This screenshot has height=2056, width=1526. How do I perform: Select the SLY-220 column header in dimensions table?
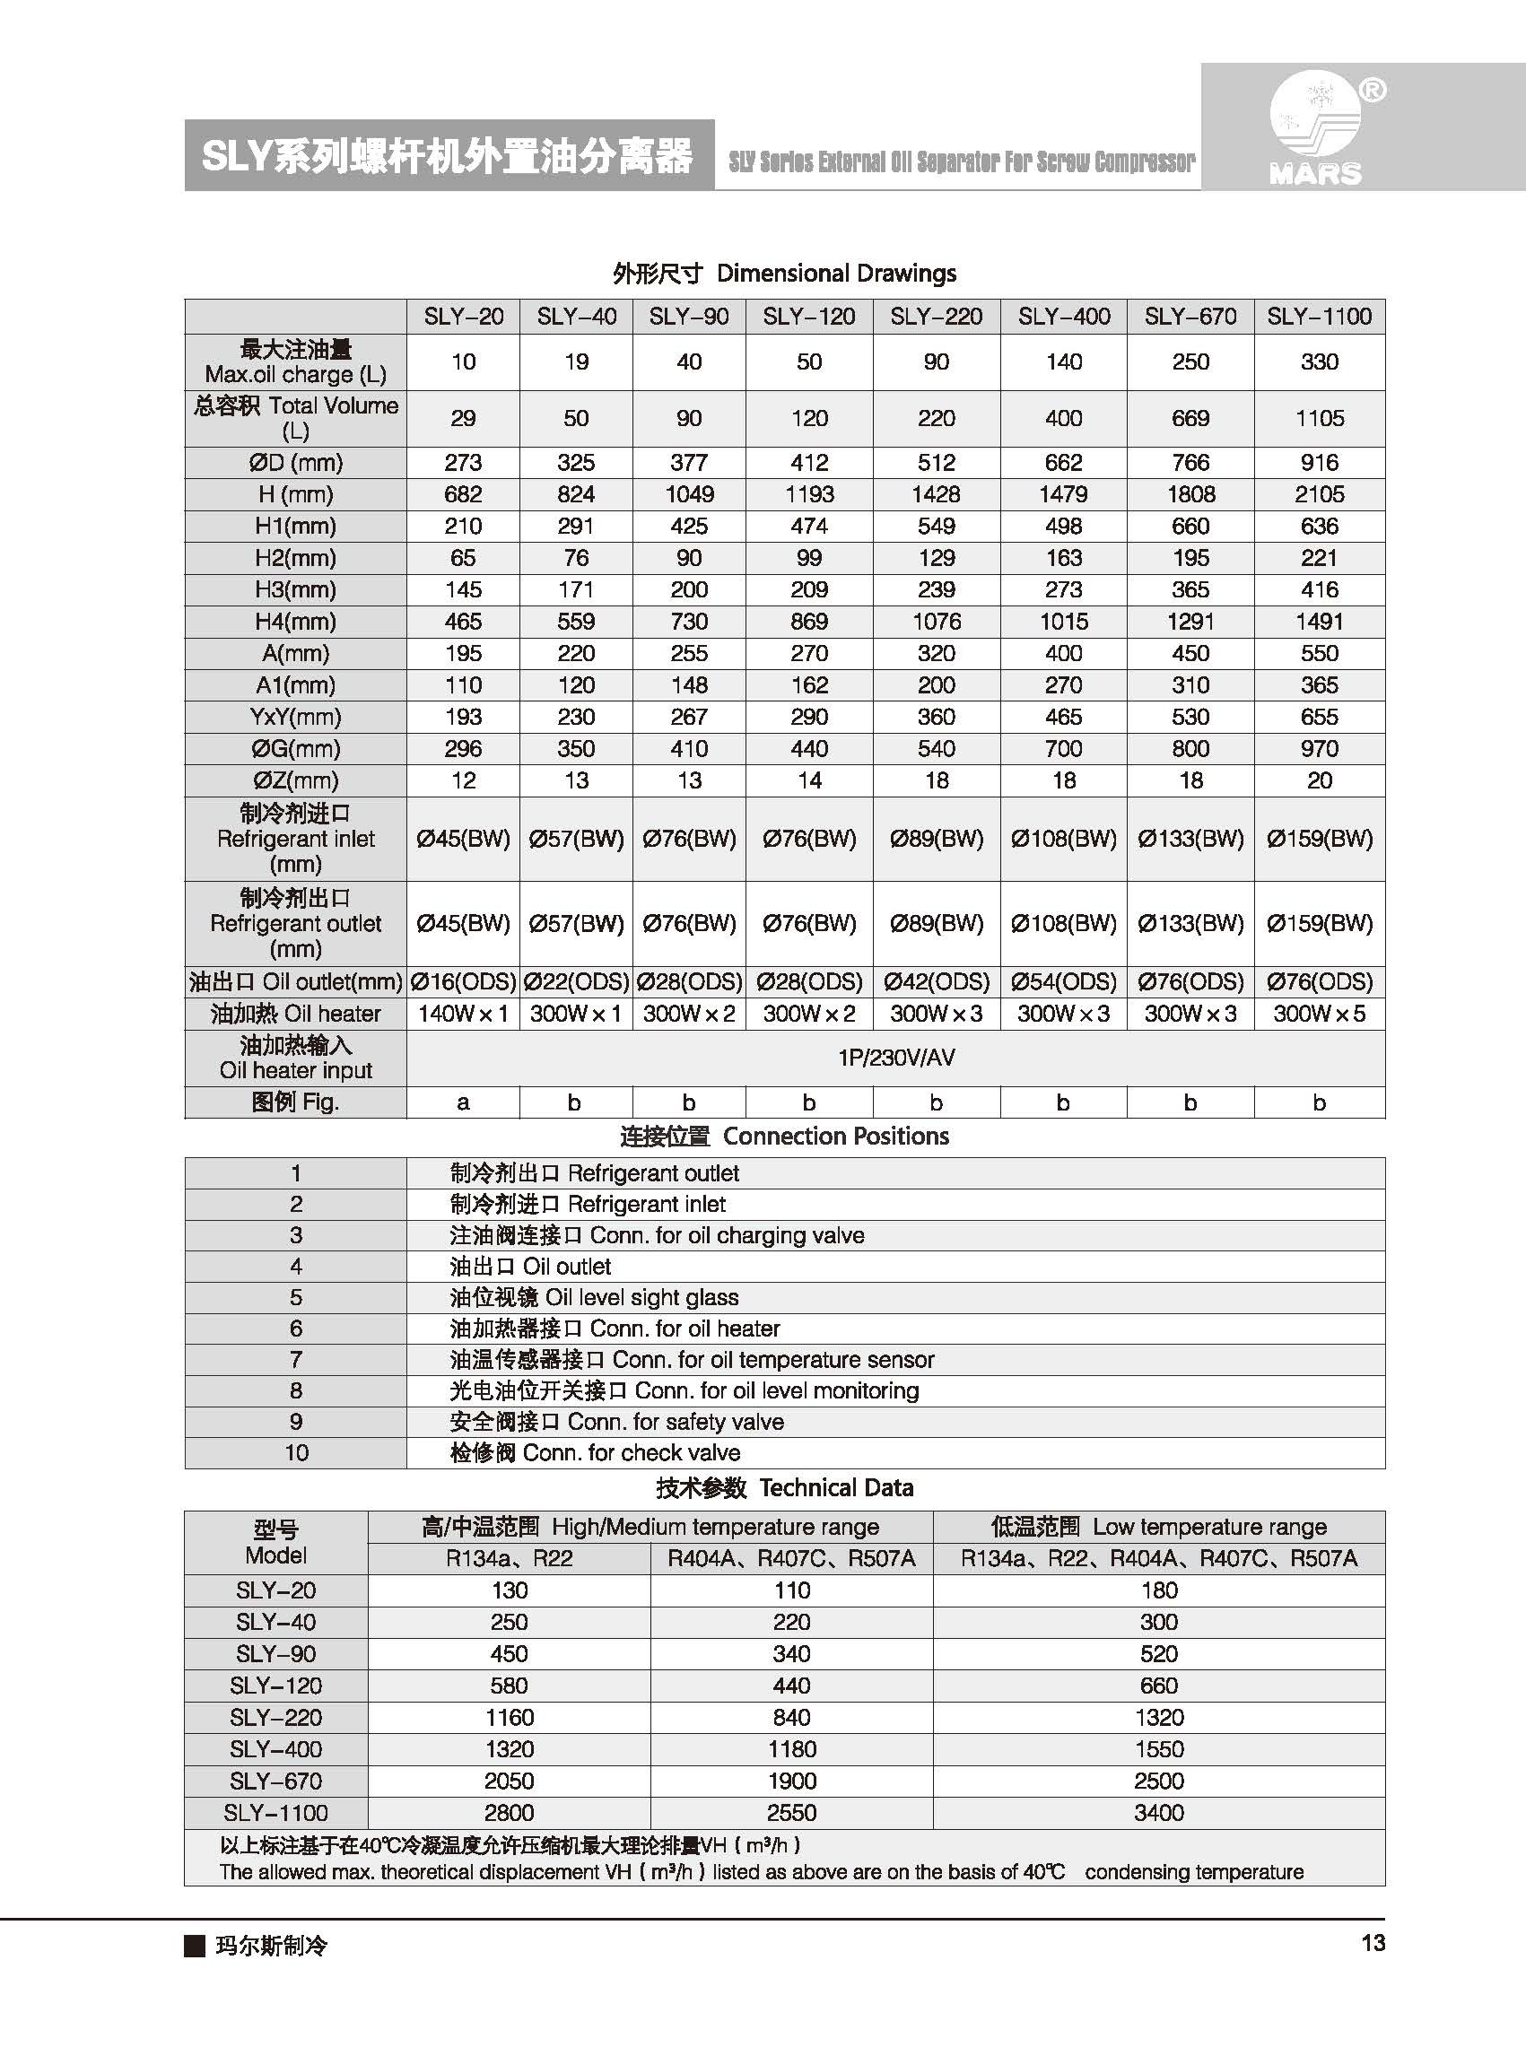pos(936,317)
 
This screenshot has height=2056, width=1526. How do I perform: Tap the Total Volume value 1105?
pos(1319,418)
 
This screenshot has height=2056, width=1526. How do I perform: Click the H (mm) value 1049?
pos(689,494)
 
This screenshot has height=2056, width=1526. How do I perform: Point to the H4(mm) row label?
pos(295,622)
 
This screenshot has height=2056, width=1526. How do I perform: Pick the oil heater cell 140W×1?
pos(463,1014)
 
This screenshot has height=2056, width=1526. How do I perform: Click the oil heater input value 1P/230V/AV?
pos(896,1058)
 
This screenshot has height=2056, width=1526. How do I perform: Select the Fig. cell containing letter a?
pos(463,1102)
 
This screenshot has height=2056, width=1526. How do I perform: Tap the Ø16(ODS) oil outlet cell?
pos(463,982)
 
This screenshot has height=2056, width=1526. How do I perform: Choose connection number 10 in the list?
pos(295,1453)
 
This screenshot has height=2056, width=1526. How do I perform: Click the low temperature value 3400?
pos(1158,1813)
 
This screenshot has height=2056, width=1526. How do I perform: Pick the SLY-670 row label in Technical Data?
pos(275,1781)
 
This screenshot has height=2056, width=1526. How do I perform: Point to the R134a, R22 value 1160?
pos(509,1717)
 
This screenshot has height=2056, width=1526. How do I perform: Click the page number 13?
pos(1373,1943)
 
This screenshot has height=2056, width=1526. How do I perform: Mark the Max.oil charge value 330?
pos(1319,362)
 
